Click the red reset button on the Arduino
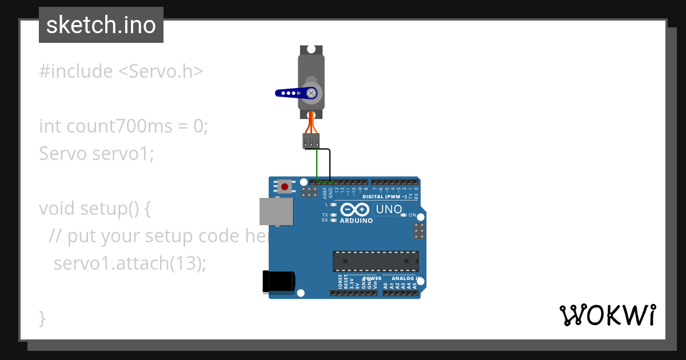284,186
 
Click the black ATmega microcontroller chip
376,261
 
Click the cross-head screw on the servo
312,93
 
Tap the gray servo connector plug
311,141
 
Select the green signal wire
317,166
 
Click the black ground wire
330,166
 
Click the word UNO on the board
389,210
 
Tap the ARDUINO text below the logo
356,221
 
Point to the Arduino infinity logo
356,210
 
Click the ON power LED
404,215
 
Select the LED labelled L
333,204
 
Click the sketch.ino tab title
101,25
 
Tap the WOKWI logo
607,315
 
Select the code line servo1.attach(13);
129,263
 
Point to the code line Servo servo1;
97,153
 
